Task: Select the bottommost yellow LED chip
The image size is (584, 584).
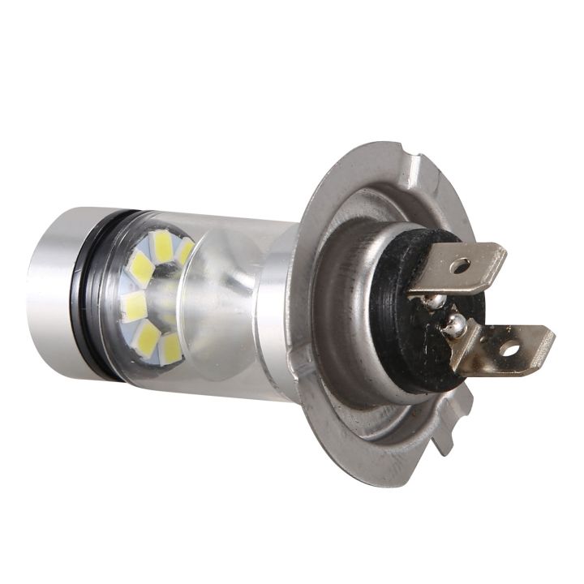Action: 170,349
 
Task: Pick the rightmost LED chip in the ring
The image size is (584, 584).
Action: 186,251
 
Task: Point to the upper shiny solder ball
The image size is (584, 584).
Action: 438,301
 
